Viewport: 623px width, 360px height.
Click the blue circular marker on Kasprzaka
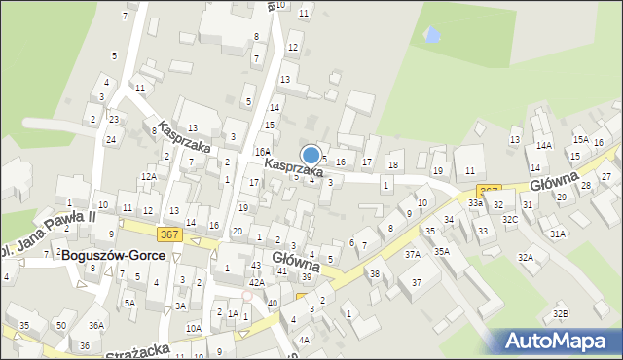click(x=311, y=154)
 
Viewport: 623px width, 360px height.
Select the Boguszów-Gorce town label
click(x=120, y=255)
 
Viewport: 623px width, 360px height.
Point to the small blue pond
click(x=430, y=36)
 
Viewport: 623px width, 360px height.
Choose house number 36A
click(x=95, y=325)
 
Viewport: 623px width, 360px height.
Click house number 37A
click(x=413, y=254)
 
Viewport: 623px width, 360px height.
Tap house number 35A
click(x=442, y=251)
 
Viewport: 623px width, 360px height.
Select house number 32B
click(x=560, y=313)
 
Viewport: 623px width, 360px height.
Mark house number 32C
click(x=509, y=220)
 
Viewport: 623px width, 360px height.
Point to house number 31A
click(x=557, y=234)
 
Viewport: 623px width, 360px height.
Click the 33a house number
click(x=474, y=202)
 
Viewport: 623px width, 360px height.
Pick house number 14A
click(x=543, y=145)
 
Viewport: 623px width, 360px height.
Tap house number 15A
click(x=579, y=140)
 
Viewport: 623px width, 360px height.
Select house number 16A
click(x=263, y=151)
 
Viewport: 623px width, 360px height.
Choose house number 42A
click(x=256, y=282)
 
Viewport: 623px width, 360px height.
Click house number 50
click(x=60, y=324)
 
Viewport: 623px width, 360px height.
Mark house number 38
click(x=374, y=273)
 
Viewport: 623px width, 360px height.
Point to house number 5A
click(x=129, y=303)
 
